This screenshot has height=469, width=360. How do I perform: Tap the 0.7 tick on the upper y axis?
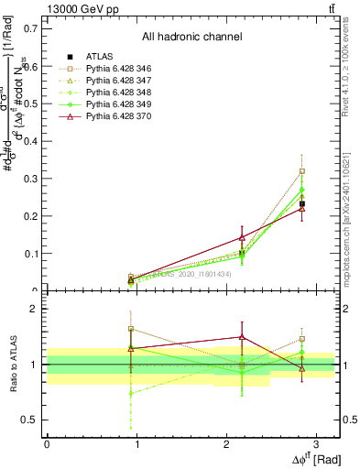(30, 28)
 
